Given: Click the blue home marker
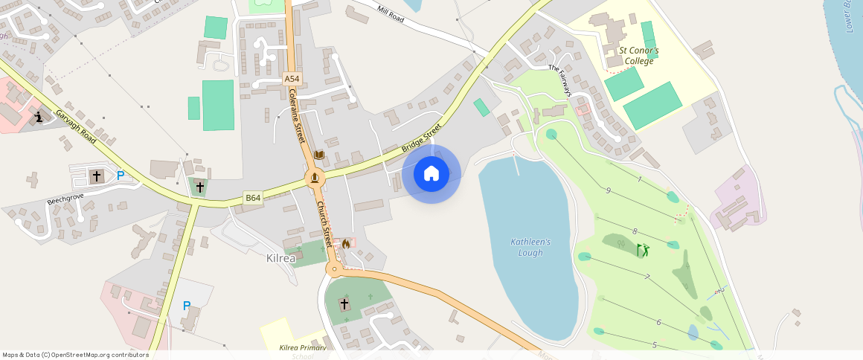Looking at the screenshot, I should (431, 174).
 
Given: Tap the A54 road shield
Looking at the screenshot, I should (292, 78).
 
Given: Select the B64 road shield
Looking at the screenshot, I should (253, 198).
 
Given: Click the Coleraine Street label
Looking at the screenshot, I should (297, 116).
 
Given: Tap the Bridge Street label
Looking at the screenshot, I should (421, 139).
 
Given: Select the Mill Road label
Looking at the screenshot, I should (391, 13).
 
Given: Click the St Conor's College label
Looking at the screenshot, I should (638, 56).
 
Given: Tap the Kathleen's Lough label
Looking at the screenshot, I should (530, 247).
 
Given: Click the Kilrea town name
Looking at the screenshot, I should (280, 259).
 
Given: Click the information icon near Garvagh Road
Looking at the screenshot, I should (39, 117).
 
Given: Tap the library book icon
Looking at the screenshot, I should (319, 155).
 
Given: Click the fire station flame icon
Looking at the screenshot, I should (345, 242).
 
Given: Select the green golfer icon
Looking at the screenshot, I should (643, 250).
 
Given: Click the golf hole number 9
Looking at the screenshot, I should (608, 191).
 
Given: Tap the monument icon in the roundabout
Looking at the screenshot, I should (315, 178).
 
